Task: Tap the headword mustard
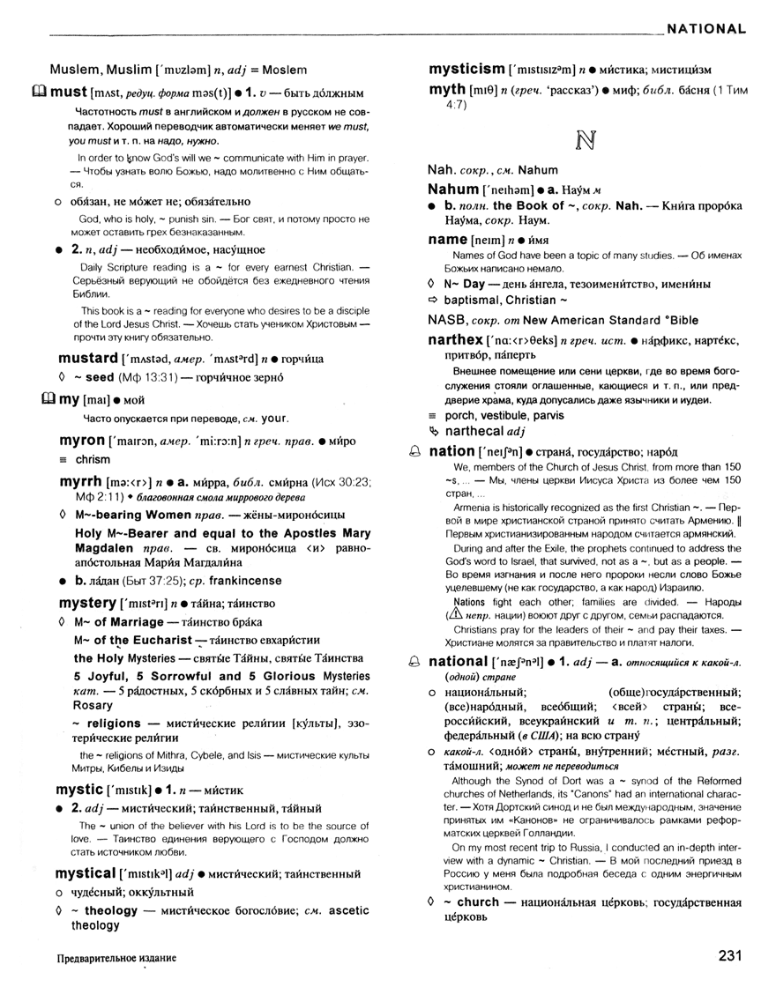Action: point(88,359)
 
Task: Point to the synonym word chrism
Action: point(93,459)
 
